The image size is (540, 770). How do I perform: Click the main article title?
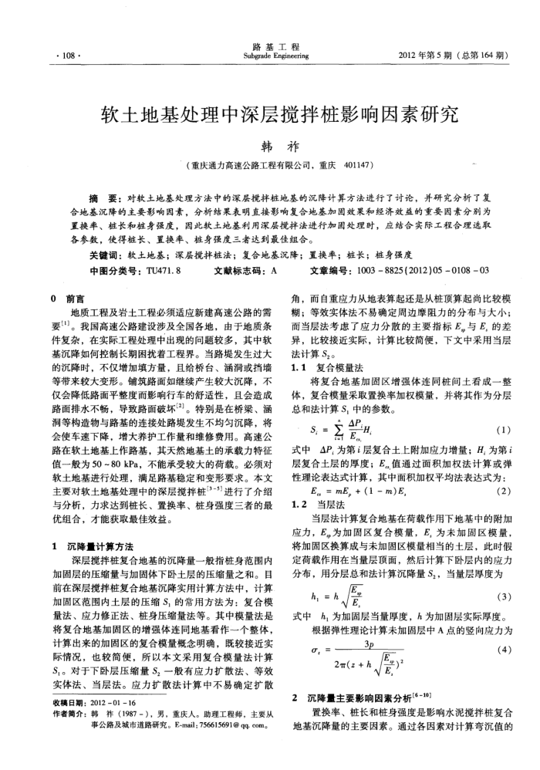click(x=269, y=113)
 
